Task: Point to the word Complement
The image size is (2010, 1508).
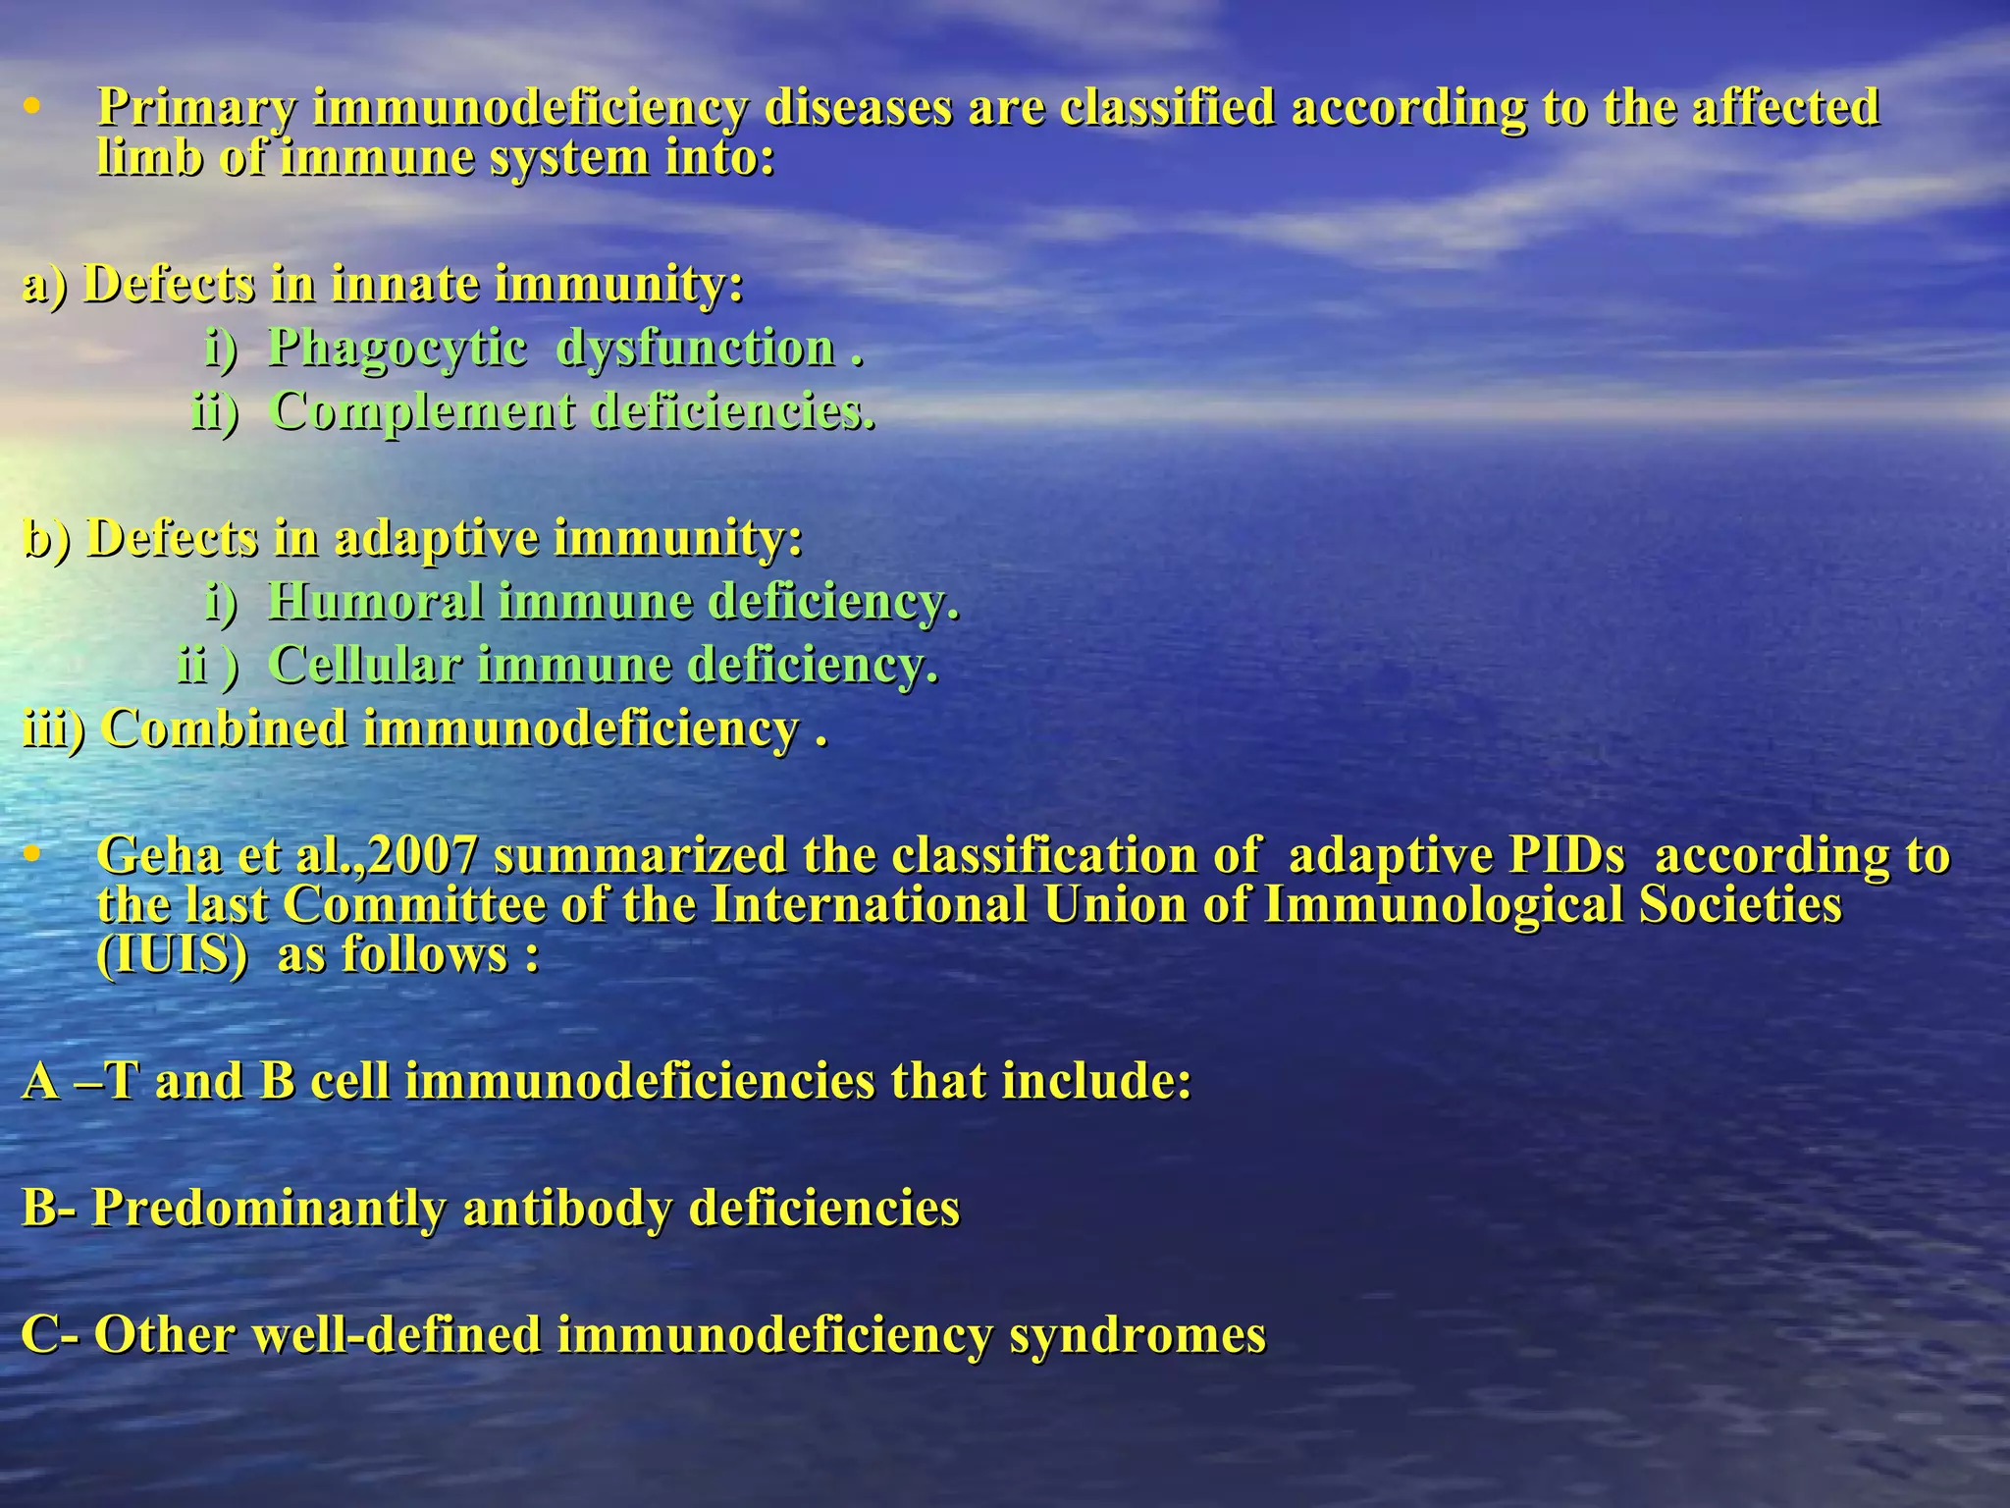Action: point(423,410)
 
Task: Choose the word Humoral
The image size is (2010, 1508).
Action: point(375,601)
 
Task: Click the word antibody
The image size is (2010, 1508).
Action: point(567,1208)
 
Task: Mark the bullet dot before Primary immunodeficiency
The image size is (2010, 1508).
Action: point(32,107)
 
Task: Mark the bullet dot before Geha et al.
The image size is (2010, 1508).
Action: point(32,855)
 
